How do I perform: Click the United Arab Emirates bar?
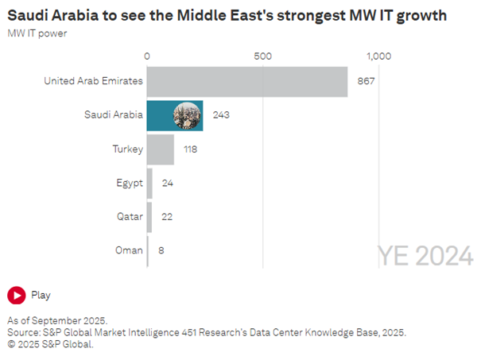[x=247, y=81]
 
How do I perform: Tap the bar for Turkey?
[x=161, y=149]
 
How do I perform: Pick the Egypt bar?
[x=149, y=183]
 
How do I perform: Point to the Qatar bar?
[x=149, y=216]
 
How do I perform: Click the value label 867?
[x=367, y=81]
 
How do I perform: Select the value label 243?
[x=221, y=115]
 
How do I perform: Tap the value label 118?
[x=190, y=149]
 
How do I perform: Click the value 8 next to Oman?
[x=162, y=250]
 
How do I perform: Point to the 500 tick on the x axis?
[x=262, y=56]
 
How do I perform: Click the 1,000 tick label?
[x=378, y=56]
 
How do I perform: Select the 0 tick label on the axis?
[x=147, y=56]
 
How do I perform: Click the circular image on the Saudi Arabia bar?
[x=188, y=115]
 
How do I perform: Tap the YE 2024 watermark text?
[x=425, y=256]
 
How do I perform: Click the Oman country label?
[x=128, y=250]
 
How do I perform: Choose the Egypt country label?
[x=129, y=183]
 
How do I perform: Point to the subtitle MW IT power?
[x=37, y=33]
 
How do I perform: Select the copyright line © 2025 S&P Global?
[x=51, y=344]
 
